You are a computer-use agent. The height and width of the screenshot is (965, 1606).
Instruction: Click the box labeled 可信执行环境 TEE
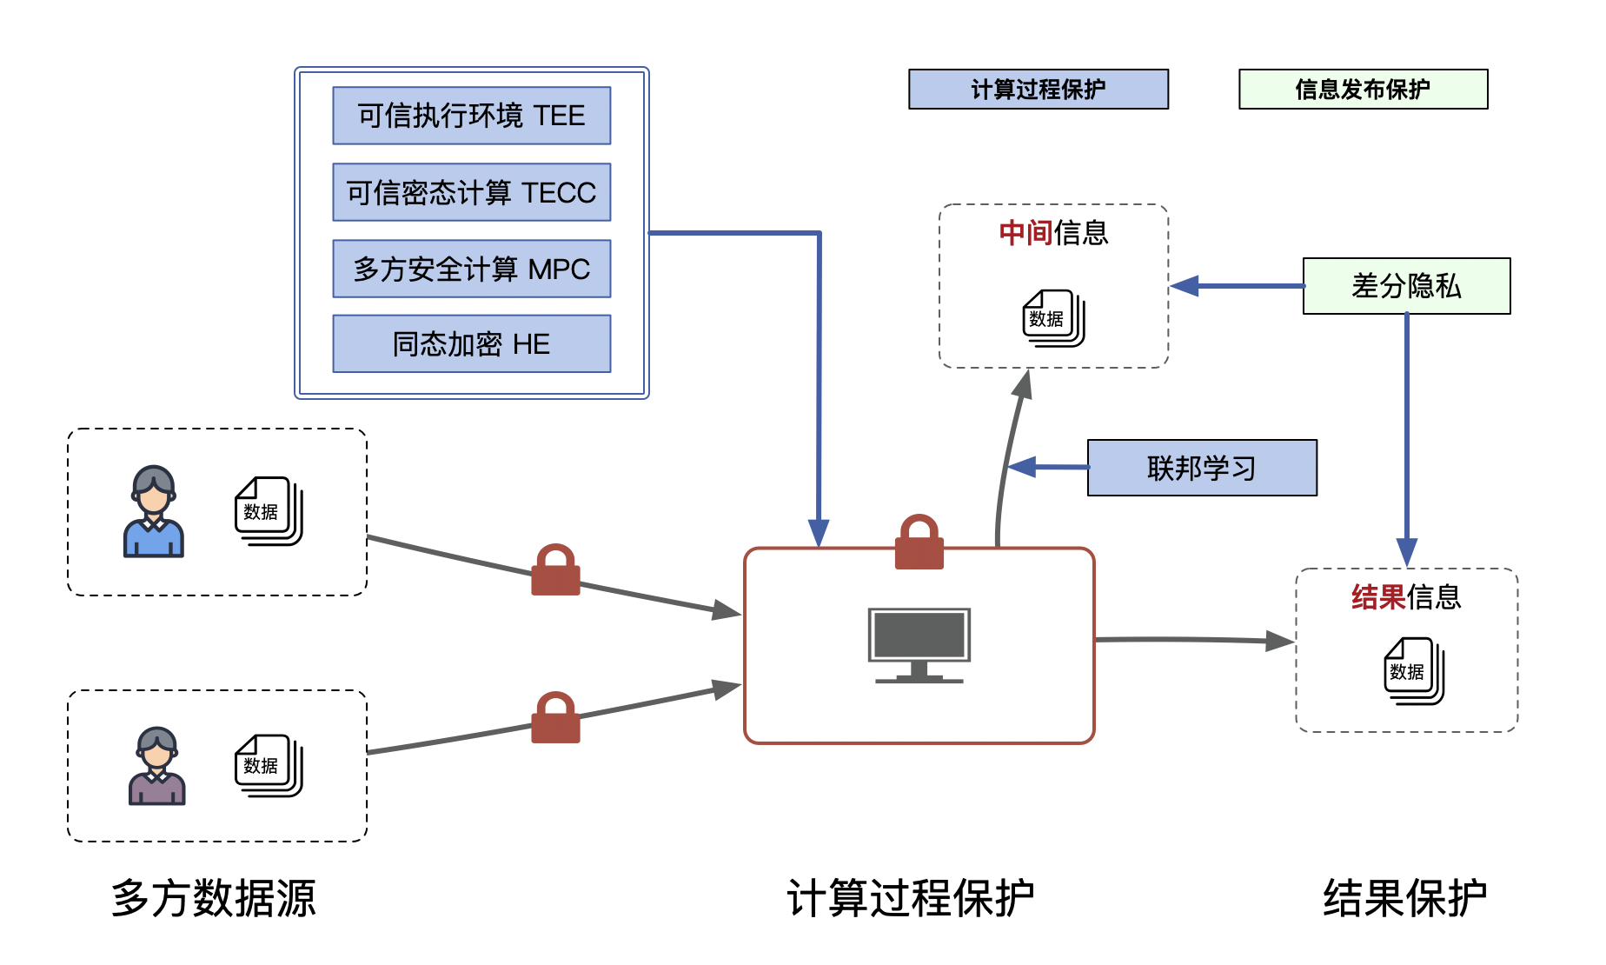(471, 116)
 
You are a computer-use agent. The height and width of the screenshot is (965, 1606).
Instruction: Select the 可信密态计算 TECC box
(471, 192)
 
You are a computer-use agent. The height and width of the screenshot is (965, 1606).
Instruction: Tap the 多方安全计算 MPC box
(471, 269)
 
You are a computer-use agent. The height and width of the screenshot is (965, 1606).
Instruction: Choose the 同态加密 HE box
(471, 344)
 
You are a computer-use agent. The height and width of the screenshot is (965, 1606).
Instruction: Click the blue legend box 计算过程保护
(1038, 89)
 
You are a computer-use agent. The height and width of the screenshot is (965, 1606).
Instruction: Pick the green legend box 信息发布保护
(1363, 89)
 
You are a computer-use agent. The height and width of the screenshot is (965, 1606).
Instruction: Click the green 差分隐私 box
(1406, 286)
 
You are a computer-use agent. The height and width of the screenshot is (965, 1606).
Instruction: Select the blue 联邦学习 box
(1202, 468)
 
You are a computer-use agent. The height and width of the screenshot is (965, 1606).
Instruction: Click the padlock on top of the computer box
(919, 544)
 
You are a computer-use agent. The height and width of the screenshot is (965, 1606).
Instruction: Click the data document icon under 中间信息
(1053, 318)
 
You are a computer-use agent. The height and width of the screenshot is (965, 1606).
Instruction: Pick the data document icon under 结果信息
(1414, 671)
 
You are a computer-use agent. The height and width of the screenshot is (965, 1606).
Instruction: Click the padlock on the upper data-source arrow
(555, 571)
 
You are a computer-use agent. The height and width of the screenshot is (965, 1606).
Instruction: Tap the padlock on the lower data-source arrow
(555, 719)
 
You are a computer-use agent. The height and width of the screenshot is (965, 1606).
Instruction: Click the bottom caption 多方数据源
(213, 898)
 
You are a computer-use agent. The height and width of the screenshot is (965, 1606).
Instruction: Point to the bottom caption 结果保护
(1404, 898)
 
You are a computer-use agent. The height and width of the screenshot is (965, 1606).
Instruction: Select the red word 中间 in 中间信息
(1025, 233)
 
